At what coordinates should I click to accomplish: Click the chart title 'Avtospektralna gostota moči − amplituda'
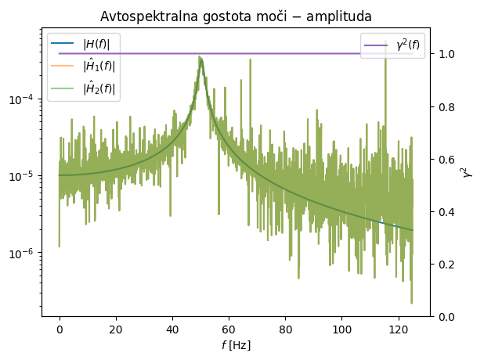236,16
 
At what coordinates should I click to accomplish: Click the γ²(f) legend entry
408,45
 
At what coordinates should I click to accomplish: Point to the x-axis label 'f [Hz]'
236,344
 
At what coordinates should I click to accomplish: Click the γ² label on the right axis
468,172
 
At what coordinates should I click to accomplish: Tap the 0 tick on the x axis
60,329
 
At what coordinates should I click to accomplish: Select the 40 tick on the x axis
172,329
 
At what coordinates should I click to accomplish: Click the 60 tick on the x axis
229,329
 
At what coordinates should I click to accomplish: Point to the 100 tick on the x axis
342,329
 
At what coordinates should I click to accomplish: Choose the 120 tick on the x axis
399,329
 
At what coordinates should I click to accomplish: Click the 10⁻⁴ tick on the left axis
23,99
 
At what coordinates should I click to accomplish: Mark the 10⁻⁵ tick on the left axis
23,176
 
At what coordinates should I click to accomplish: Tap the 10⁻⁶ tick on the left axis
23,254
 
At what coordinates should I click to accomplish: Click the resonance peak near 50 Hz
200,58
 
